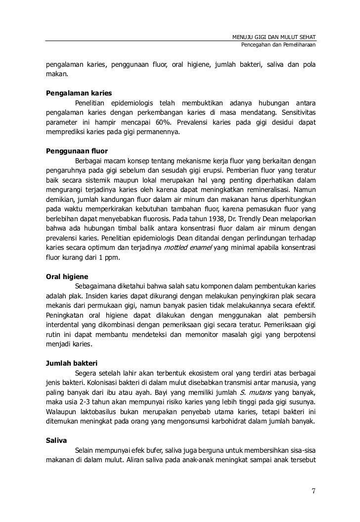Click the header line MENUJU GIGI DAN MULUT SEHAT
[x=274, y=38]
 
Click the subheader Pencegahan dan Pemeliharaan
[x=278, y=46]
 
